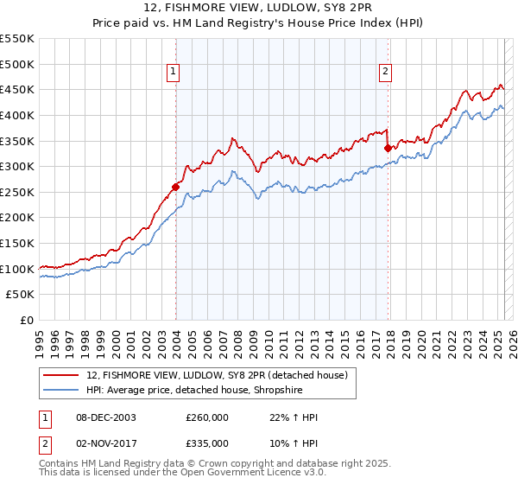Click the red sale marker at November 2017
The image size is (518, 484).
388,148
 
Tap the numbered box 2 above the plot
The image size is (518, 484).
385,72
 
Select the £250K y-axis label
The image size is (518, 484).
19,218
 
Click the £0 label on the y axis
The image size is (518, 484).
27,321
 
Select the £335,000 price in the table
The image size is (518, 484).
207,443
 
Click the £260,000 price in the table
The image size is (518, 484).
207,417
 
